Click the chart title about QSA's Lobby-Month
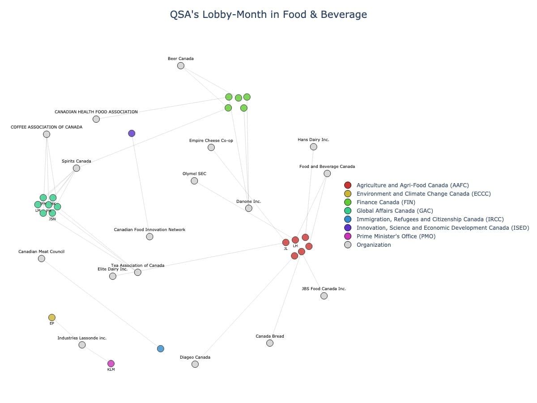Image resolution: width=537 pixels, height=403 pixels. click(x=268, y=14)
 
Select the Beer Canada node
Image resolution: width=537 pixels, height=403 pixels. click(x=181, y=66)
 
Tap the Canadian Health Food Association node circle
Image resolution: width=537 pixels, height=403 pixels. click(x=96, y=119)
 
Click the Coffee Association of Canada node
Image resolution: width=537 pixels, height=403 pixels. click(x=47, y=134)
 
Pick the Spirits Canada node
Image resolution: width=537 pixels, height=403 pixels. click(x=77, y=168)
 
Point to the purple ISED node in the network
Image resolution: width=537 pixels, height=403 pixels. click(x=132, y=133)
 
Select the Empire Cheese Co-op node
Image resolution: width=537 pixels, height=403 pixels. click(x=211, y=147)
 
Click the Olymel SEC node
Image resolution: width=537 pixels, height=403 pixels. click(x=194, y=181)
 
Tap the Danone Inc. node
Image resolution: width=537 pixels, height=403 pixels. click(x=249, y=208)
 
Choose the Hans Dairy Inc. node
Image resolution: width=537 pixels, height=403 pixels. click(x=313, y=147)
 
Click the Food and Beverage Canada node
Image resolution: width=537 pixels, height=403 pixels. click(x=327, y=174)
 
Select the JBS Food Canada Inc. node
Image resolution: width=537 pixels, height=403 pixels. click(x=324, y=296)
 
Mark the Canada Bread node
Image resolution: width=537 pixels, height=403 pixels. click(x=270, y=343)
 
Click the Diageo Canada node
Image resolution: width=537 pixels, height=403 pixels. click(x=195, y=364)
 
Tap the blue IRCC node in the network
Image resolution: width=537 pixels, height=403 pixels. click(x=161, y=349)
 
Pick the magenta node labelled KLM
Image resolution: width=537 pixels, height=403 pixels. click(x=111, y=364)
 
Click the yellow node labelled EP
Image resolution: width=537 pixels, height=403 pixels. click(x=52, y=317)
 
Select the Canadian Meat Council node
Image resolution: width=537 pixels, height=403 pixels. click(x=42, y=258)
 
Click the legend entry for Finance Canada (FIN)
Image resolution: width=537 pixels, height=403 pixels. click(x=385, y=202)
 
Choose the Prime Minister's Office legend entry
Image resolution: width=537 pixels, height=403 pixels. click(x=396, y=236)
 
